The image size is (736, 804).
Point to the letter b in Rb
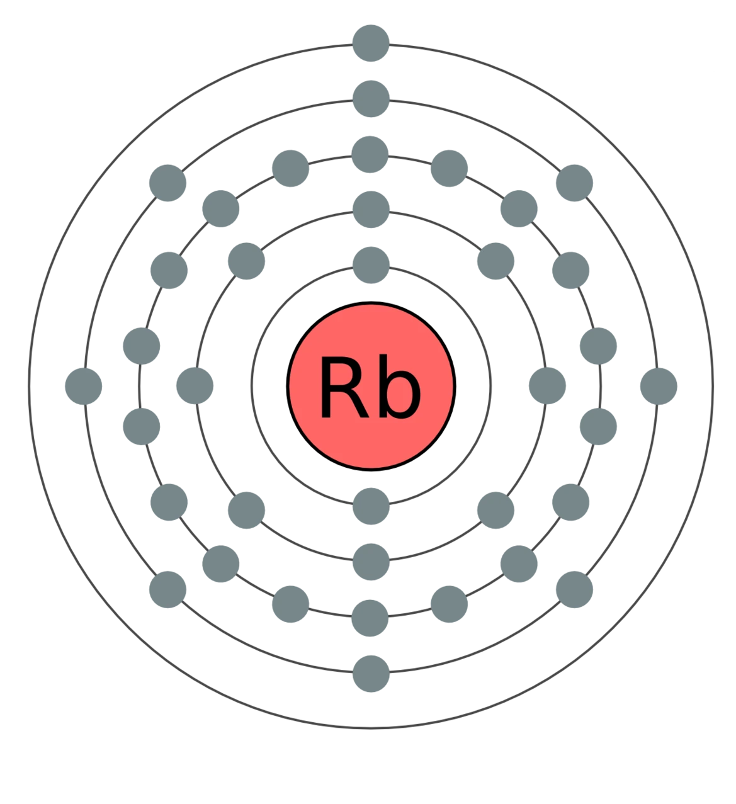tap(400, 388)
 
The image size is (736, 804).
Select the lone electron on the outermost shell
tap(371, 43)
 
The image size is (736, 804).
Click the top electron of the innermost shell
tap(371, 265)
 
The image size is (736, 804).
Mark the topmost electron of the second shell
tap(371, 208)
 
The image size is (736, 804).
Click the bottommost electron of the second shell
tap(371, 560)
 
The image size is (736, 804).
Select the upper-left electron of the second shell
tap(246, 260)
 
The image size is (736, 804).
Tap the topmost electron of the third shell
tap(371, 154)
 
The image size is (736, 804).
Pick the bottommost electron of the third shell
tap(371, 616)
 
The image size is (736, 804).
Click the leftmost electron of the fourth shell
tap(84, 385)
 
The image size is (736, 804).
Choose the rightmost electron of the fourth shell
tap(659, 385)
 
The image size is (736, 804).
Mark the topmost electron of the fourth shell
tap(371, 98)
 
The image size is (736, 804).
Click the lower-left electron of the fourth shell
tap(168, 589)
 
